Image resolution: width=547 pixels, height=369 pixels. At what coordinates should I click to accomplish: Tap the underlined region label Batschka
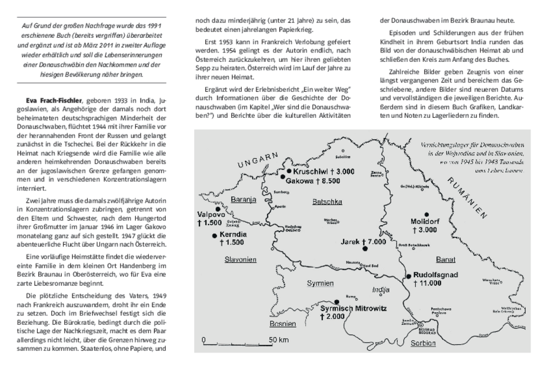(x=325, y=202)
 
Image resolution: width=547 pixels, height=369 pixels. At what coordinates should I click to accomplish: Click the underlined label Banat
(x=446, y=259)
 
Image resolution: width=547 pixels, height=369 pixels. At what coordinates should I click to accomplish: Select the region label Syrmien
(x=321, y=284)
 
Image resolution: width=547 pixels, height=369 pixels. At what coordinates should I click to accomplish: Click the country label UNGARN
(x=258, y=159)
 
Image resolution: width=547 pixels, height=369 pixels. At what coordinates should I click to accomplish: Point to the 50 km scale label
(x=279, y=340)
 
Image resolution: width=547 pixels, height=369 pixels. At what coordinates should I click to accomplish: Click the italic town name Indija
(x=381, y=289)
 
